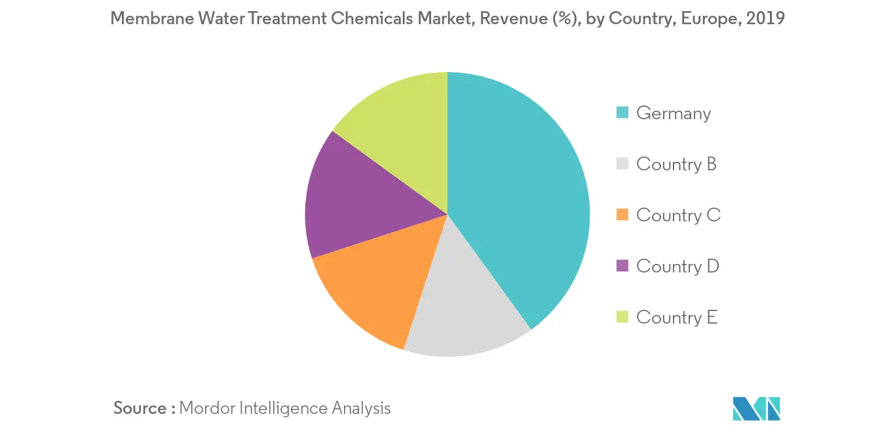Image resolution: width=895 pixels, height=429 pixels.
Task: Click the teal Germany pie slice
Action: (x=518, y=196)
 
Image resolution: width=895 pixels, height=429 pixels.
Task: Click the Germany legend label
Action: (x=673, y=113)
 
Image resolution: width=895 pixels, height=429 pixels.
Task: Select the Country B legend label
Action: (x=676, y=164)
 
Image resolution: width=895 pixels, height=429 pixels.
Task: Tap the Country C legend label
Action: (x=678, y=215)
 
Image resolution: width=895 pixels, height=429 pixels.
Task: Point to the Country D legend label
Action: (x=677, y=266)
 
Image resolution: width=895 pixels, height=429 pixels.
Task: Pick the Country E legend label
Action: (x=677, y=317)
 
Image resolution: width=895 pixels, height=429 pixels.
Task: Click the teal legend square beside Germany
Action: (x=623, y=113)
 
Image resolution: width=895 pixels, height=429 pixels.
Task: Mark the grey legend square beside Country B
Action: (x=623, y=164)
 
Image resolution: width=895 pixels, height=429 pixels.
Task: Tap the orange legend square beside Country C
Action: (x=623, y=215)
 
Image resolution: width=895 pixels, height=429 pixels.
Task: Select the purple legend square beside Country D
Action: (x=623, y=266)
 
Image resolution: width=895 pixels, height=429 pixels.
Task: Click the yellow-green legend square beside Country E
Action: (x=623, y=317)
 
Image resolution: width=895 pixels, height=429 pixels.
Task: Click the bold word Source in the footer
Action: (x=140, y=408)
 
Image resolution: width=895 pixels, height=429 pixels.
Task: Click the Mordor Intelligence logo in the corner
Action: (x=757, y=408)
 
